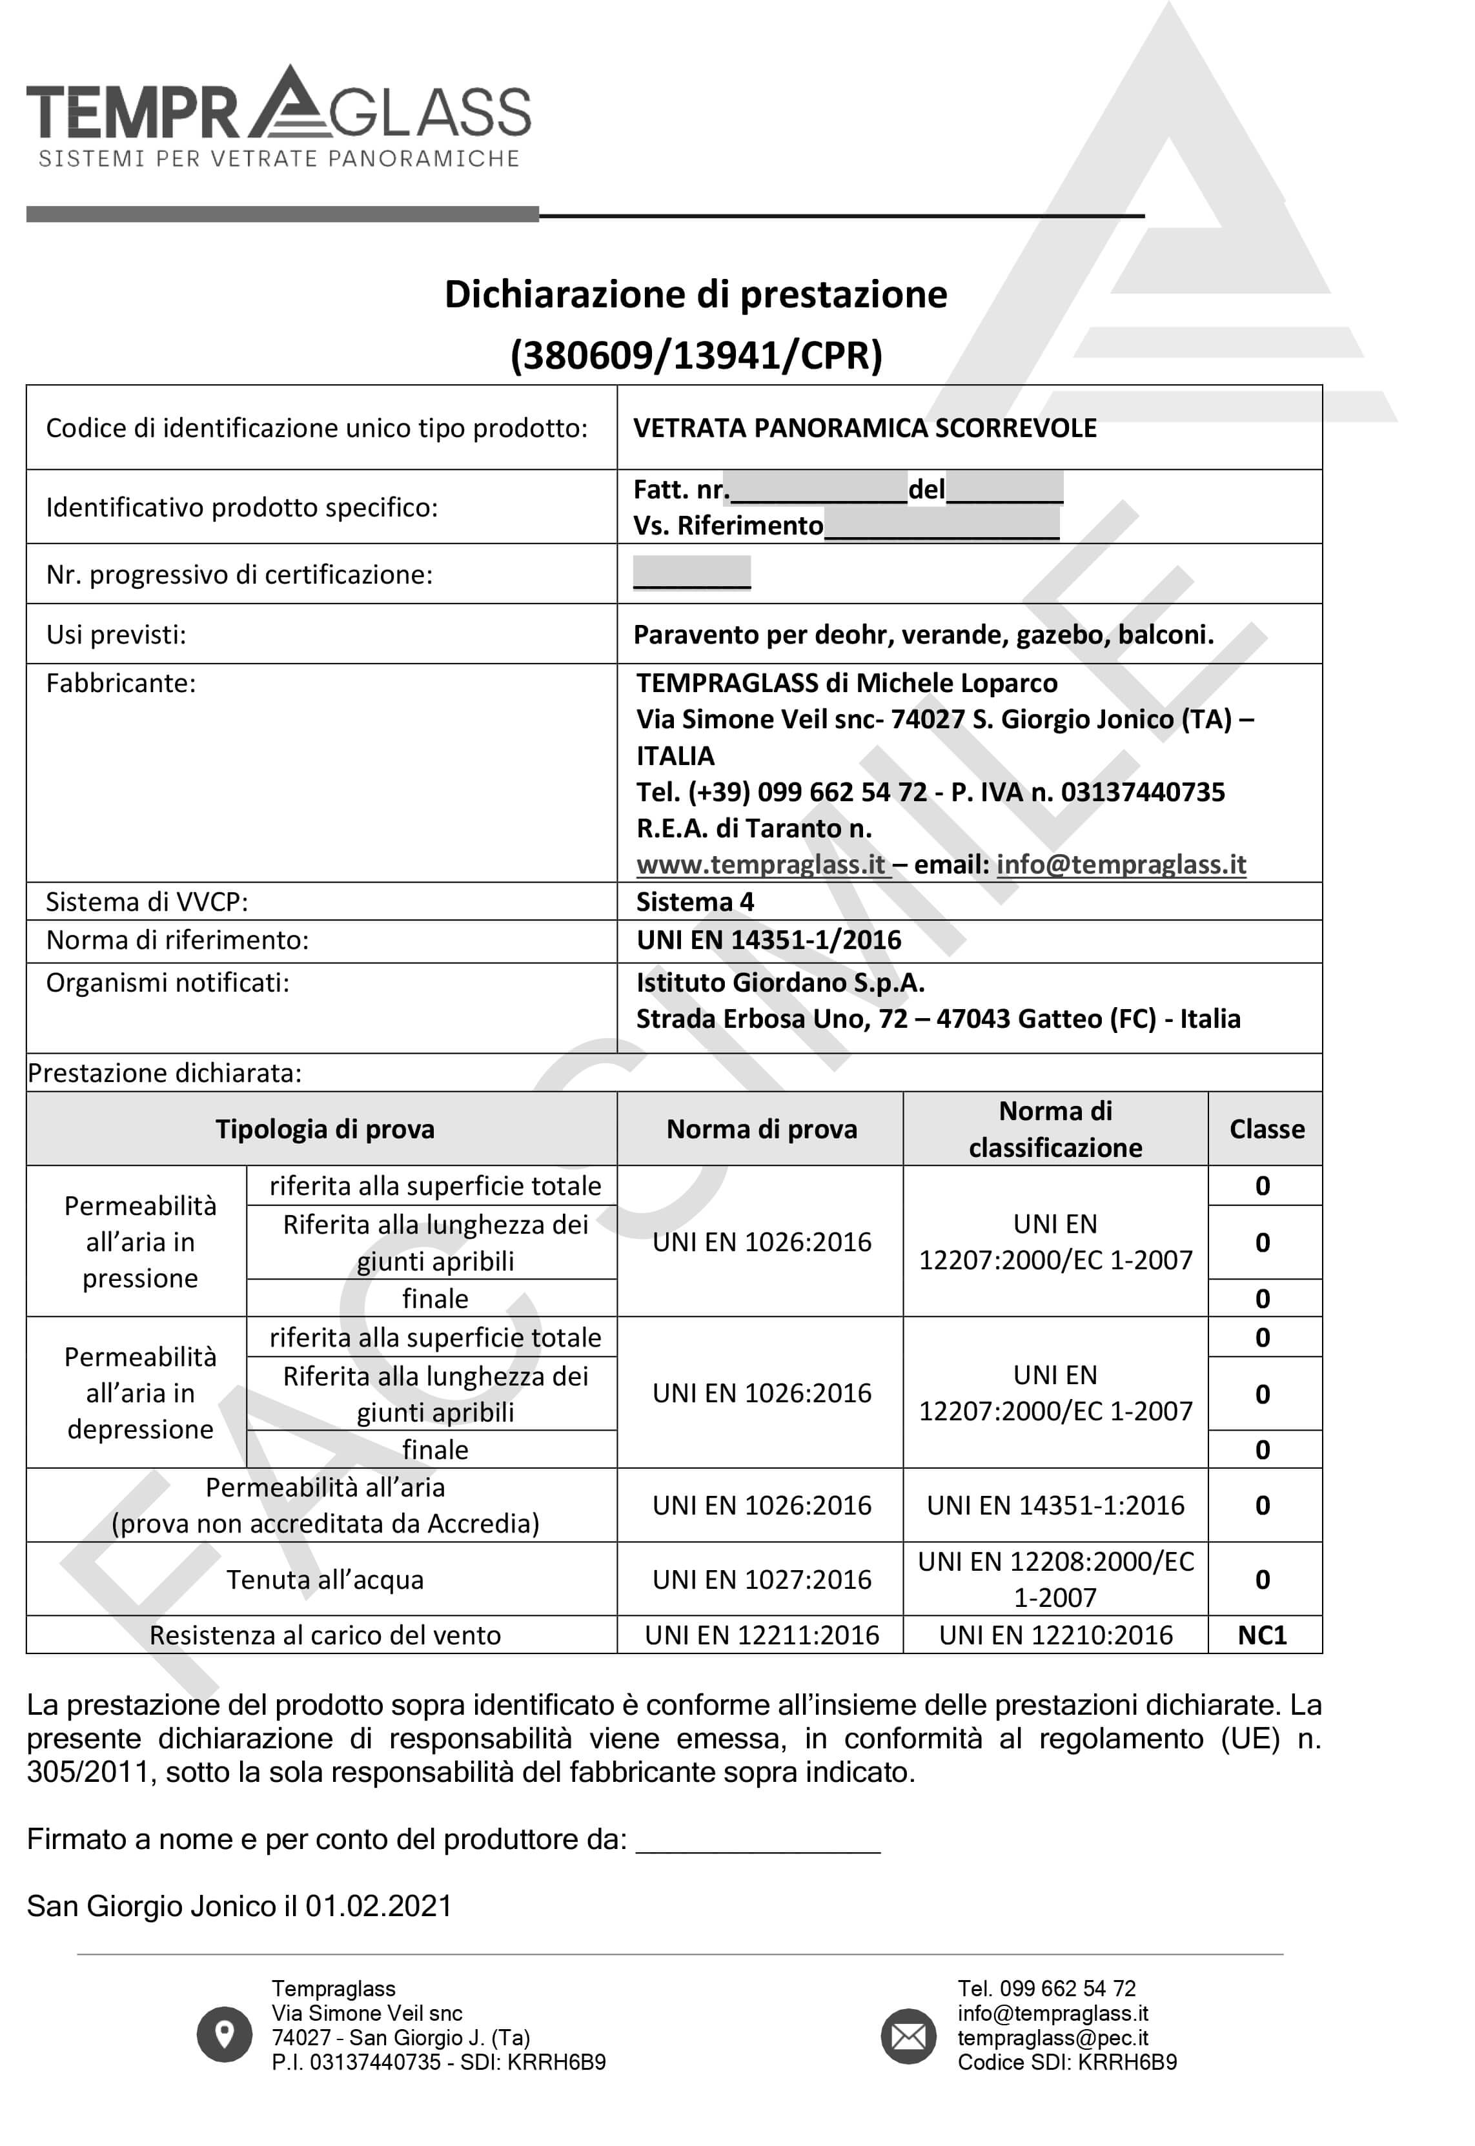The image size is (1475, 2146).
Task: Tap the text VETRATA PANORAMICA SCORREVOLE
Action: (864, 428)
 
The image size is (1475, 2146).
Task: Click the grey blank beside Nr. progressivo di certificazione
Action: (691, 572)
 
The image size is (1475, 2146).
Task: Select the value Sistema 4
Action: (695, 901)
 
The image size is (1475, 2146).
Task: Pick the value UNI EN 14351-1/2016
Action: (768, 940)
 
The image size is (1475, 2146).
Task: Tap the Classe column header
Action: (1266, 1129)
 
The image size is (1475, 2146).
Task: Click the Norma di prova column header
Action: (762, 1129)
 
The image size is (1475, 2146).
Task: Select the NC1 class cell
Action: (1263, 1635)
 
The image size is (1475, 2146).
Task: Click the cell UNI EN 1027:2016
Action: (762, 1579)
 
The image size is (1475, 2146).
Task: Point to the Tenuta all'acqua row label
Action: (325, 1579)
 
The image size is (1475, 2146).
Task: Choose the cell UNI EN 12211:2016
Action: (762, 1635)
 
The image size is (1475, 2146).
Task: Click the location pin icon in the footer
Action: (223, 2034)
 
